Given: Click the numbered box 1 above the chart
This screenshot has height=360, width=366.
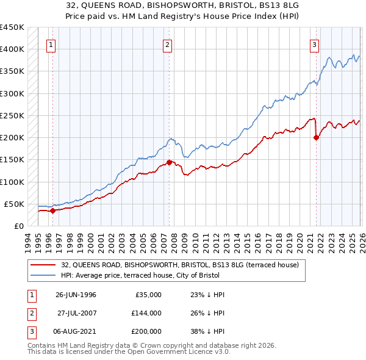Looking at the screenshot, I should tap(51, 44).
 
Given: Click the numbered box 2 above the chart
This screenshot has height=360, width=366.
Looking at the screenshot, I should tap(167, 44).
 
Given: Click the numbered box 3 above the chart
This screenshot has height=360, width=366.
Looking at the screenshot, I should tap(314, 44).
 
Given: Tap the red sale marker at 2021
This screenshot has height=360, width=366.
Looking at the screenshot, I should tap(316, 137).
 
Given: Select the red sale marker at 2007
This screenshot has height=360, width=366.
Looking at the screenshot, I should tap(169, 162).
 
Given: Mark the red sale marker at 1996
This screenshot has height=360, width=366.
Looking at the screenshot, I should tap(52, 211).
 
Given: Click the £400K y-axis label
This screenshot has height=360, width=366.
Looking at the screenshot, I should tap(12, 49).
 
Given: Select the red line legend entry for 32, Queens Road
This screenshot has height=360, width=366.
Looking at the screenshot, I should tap(179, 265).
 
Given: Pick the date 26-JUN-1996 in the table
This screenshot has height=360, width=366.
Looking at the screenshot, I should tap(76, 295).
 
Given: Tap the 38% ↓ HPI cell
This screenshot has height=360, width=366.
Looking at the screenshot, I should tap(208, 331).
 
